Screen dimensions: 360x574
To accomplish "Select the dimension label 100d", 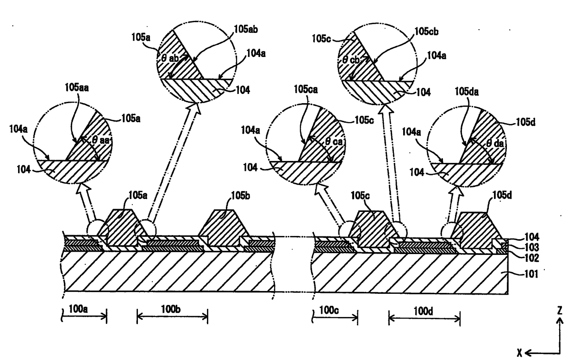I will click(423, 309).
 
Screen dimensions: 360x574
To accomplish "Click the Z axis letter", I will click(560, 311).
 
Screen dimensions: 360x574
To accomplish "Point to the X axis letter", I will click(520, 353).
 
